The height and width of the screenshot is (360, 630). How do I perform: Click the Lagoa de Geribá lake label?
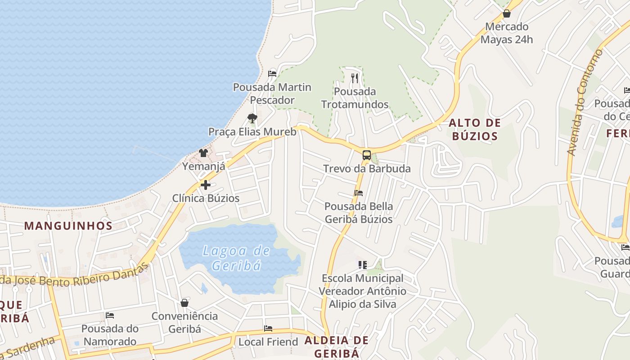[236, 258]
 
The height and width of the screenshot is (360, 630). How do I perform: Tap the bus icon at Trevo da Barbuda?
[367, 156]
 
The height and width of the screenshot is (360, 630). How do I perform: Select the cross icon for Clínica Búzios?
[206, 185]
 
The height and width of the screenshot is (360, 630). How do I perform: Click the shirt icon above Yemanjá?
[203, 153]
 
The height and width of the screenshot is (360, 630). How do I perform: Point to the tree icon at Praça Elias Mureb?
[252, 118]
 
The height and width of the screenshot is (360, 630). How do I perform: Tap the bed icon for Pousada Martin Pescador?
[272, 74]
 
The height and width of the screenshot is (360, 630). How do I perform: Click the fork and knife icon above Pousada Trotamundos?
[355, 78]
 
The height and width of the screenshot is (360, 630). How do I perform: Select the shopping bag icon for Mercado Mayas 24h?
[507, 13]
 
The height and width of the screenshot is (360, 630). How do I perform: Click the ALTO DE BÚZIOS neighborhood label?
[474, 129]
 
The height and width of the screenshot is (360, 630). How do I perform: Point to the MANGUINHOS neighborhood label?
[68, 225]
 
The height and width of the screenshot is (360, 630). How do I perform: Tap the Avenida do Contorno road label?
[585, 103]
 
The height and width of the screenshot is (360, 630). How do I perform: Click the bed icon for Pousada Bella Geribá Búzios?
[359, 193]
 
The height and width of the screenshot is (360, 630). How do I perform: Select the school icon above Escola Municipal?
[363, 265]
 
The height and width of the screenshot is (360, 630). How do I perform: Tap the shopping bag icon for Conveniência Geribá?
[184, 303]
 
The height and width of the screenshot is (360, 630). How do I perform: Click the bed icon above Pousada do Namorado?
[110, 315]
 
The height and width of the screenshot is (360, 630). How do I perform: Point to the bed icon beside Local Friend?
[268, 328]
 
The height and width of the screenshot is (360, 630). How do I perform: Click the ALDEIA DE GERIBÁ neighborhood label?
[337, 346]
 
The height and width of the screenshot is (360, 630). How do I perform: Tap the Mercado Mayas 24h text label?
[507, 33]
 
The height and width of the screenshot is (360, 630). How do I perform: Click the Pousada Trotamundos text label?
[355, 98]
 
